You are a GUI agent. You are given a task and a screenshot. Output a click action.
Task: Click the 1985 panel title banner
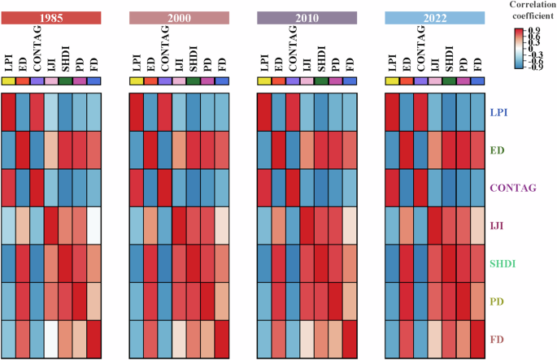pyautogui.click(x=50, y=17)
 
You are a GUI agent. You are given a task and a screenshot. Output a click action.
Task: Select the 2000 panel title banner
pyautogui.click(x=179, y=17)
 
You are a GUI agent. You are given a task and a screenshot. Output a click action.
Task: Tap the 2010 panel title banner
pyautogui.click(x=307, y=17)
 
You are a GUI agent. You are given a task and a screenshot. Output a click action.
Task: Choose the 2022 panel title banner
pyautogui.click(x=434, y=17)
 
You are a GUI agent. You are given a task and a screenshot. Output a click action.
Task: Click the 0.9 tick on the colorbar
pyautogui.click(x=536, y=31)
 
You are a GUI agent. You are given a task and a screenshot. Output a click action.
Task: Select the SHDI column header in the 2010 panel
pyautogui.click(x=321, y=62)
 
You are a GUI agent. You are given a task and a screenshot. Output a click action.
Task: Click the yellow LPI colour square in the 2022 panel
pyautogui.click(x=392, y=80)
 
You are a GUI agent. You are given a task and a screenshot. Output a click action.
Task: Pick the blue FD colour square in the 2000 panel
pyautogui.click(x=221, y=80)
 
